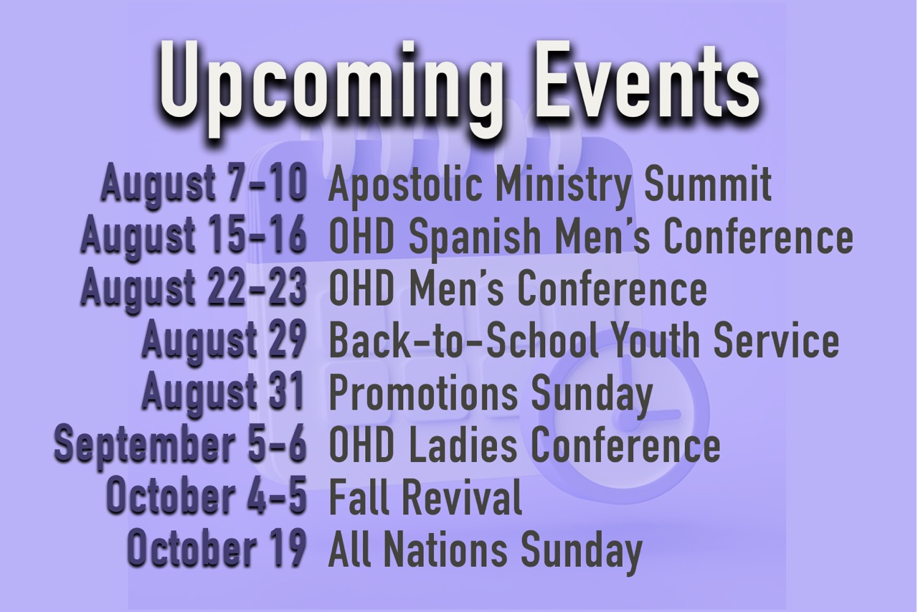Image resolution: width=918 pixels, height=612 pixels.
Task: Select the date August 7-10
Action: [204, 183]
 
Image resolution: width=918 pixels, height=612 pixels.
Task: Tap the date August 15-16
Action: [194, 237]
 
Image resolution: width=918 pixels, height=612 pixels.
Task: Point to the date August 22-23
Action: [194, 288]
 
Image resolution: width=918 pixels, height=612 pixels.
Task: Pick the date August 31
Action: [223, 393]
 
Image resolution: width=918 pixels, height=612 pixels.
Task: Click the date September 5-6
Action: [180, 446]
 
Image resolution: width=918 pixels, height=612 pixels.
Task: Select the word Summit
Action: [708, 182]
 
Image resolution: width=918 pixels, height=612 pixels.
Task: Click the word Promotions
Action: [423, 393]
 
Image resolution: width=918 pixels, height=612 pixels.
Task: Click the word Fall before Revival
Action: [359, 498]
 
